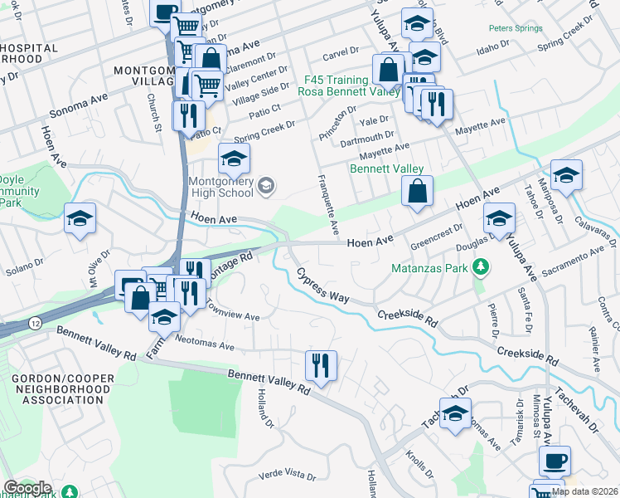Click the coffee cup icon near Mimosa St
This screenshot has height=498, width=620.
[x=555, y=460]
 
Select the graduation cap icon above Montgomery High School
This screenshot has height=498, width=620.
[x=235, y=157]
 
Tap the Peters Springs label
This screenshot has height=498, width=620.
[x=516, y=27]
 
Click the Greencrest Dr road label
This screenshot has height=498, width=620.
[x=436, y=238]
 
